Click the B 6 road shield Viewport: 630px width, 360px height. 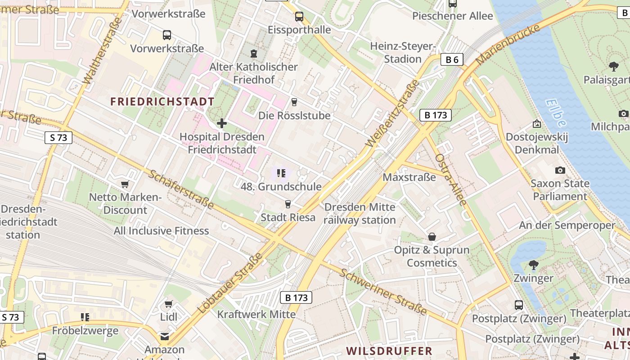point(452,59)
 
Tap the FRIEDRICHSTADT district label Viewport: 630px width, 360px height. point(162,101)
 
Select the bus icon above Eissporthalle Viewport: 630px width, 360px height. point(299,17)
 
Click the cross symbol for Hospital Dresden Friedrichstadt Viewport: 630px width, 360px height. point(222,123)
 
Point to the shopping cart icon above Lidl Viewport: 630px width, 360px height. point(169,304)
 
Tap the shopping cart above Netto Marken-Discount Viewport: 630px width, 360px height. point(125,184)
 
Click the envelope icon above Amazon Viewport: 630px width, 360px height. point(165,336)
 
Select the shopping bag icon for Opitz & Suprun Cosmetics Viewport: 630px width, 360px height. point(432,237)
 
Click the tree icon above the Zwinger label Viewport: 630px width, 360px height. point(533,265)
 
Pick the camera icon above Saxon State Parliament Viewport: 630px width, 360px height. point(560,170)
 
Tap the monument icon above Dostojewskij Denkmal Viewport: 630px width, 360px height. point(536,123)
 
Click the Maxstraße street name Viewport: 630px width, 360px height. point(409,177)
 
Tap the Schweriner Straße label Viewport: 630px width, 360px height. point(383,292)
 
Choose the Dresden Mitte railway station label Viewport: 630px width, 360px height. point(360,213)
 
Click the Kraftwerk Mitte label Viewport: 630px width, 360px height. point(256,314)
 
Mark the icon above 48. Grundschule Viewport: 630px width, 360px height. point(282,173)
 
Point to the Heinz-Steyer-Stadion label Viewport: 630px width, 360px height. point(403,53)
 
